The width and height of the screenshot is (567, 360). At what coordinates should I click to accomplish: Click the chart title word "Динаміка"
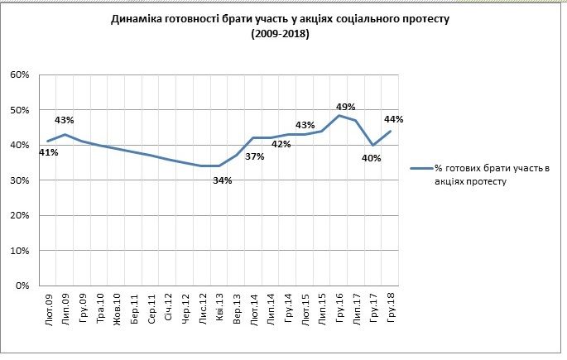pyautogui.click(x=137, y=19)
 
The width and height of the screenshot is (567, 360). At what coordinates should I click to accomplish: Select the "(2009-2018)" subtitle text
pyautogui.click(x=279, y=34)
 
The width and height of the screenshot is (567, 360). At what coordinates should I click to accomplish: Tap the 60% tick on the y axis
pyautogui.click(x=20, y=74)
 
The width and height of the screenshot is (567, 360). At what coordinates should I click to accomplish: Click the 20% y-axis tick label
pyautogui.click(x=20, y=215)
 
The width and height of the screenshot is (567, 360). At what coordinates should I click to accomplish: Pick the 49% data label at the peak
pyautogui.click(x=345, y=106)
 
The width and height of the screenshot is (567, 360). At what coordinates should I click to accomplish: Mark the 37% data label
pyautogui.click(x=254, y=156)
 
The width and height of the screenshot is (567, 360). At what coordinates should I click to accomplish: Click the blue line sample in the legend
pyautogui.click(x=421, y=169)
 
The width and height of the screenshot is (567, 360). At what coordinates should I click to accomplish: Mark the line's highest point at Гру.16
pyautogui.click(x=339, y=115)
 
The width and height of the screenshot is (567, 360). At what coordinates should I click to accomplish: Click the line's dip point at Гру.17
pyautogui.click(x=373, y=145)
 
